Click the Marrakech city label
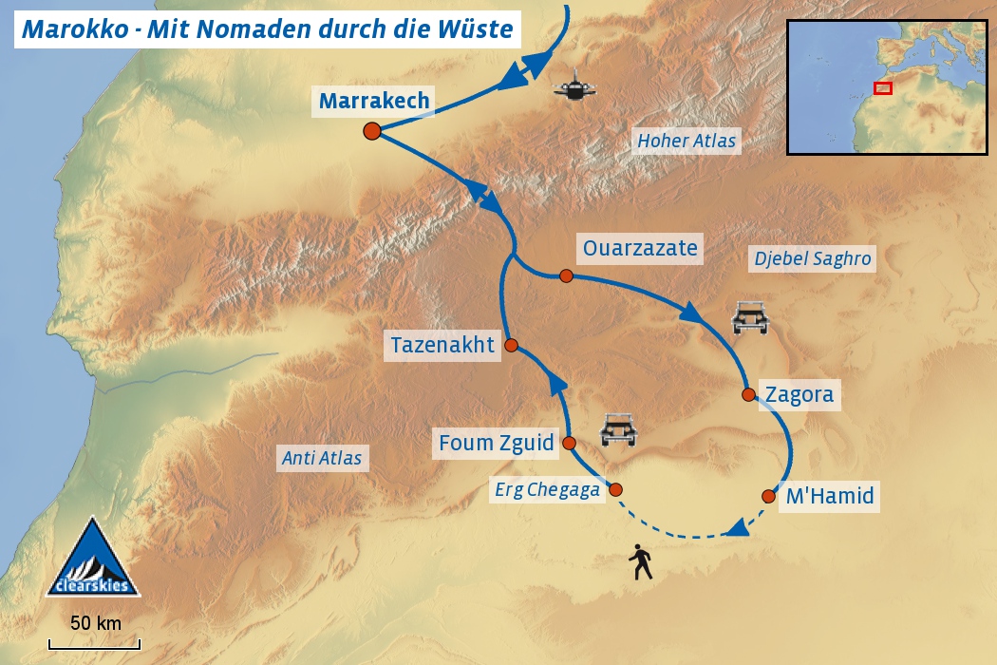pyautogui.click(x=374, y=101)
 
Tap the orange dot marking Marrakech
pyautogui.click(x=372, y=131)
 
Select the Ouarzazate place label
pyautogui.click(x=640, y=249)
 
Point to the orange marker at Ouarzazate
pyautogui.click(x=566, y=275)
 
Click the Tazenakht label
pyautogui.click(x=442, y=345)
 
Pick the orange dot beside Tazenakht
pyautogui.click(x=511, y=346)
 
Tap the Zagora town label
pyautogui.click(x=799, y=394)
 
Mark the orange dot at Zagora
pyautogui.click(x=747, y=394)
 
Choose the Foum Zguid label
pyautogui.click(x=496, y=443)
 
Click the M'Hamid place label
pyautogui.click(x=828, y=495)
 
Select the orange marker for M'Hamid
pyautogui.click(x=768, y=495)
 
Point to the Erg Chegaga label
pyautogui.click(x=548, y=490)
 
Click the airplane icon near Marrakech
pyautogui.click(x=575, y=90)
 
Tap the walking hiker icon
pyautogui.click(x=641, y=562)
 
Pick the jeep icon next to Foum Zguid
pyautogui.click(x=619, y=430)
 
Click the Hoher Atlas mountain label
pyautogui.click(x=687, y=142)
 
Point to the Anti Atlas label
pyautogui.click(x=322, y=458)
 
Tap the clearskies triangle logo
pyautogui.click(x=93, y=560)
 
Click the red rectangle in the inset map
pyautogui.click(x=883, y=88)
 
